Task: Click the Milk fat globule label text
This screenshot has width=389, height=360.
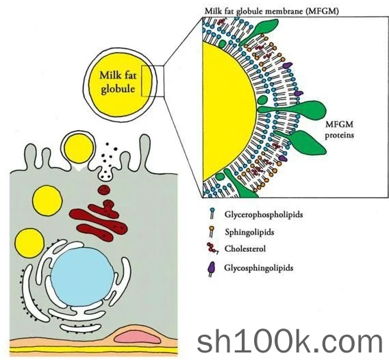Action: [x=118, y=82]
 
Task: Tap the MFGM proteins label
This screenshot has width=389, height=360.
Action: [x=339, y=129]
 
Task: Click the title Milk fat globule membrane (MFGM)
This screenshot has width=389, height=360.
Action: [x=271, y=11]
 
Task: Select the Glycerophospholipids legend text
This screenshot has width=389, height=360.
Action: [x=264, y=214]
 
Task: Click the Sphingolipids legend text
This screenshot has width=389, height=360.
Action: [x=249, y=232]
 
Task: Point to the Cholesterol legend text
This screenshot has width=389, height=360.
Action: [x=245, y=248]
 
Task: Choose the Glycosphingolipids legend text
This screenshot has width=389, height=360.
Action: [x=259, y=268]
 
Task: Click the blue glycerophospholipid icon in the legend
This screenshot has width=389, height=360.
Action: [x=212, y=214]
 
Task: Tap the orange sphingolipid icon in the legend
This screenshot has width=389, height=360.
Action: [x=212, y=231]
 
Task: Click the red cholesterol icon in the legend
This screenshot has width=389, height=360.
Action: [x=212, y=248]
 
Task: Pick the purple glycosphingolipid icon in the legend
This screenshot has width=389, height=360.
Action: [x=212, y=269]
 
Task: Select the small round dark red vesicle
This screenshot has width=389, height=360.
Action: [x=103, y=190]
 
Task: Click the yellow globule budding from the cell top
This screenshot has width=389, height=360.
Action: [x=79, y=149]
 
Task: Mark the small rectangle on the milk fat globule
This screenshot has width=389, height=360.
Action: [x=153, y=81]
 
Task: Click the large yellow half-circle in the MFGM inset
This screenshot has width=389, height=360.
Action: [x=228, y=111]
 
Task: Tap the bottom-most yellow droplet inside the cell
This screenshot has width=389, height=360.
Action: [x=29, y=244]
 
